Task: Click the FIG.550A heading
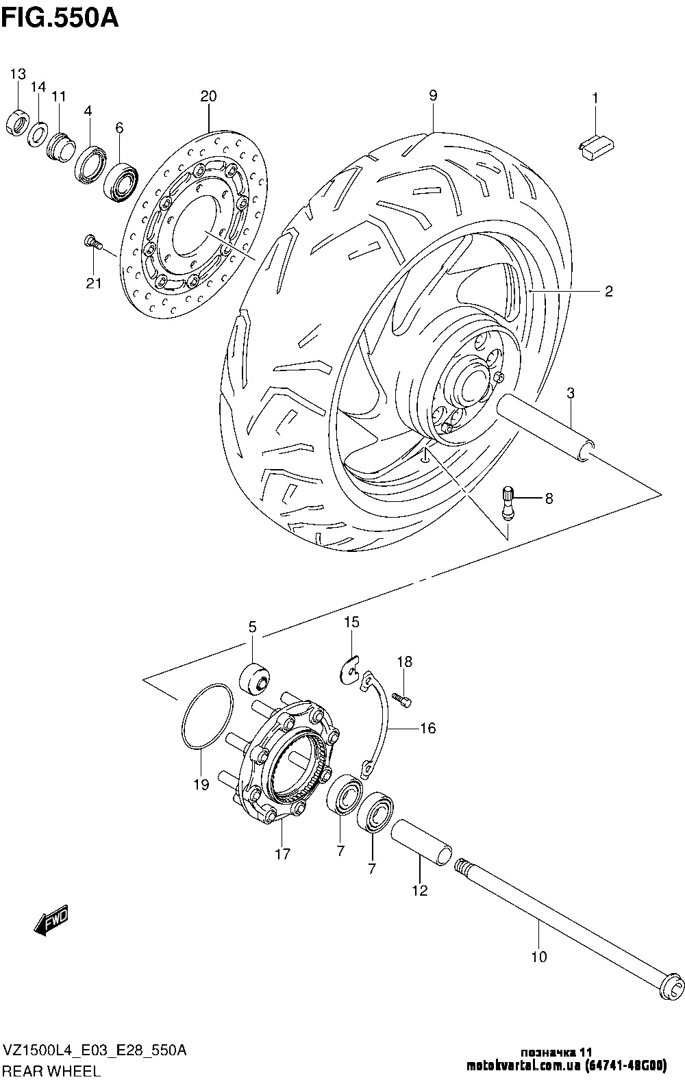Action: (60, 19)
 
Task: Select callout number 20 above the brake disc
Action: (209, 97)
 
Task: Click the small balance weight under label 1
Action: (597, 147)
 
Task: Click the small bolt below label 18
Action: (402, 700)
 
